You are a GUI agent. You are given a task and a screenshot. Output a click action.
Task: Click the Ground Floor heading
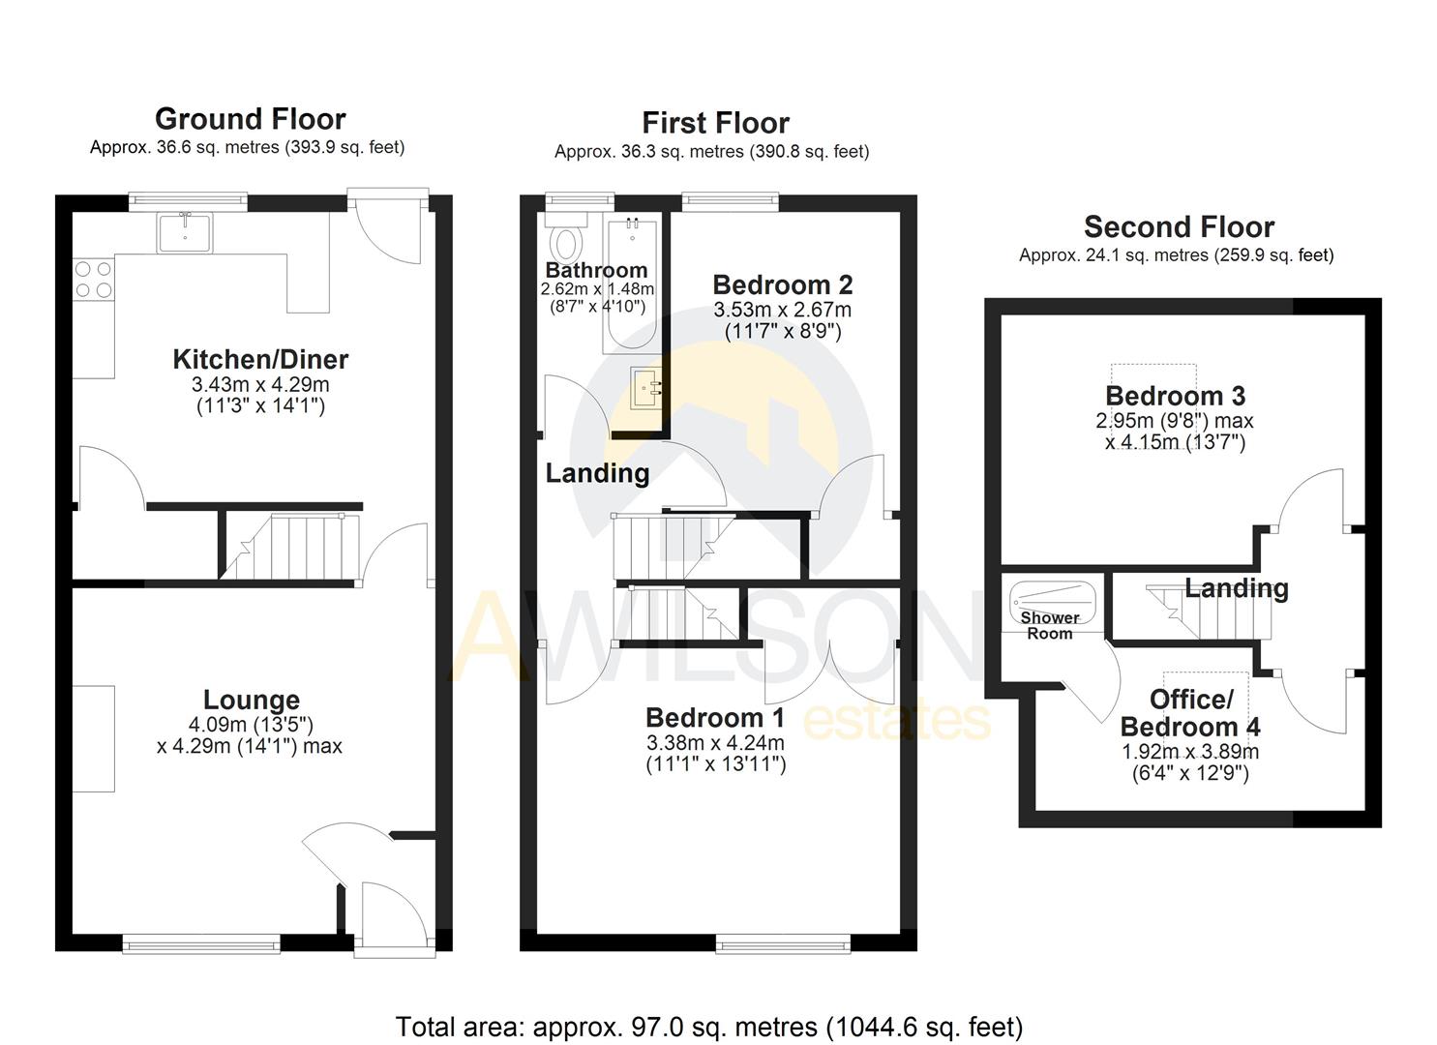pos(250,119)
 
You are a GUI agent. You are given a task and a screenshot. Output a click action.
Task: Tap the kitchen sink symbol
pos(185,232)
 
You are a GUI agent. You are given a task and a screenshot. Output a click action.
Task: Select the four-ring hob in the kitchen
pos(93,279)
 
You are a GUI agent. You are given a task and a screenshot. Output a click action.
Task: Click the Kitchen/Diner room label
pos(260,359)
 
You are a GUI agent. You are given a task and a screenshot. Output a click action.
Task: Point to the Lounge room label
pos(252,700)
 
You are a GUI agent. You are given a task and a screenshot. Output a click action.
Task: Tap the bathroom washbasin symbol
pos(646,389)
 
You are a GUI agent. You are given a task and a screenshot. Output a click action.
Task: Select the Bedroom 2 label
pos(782,284)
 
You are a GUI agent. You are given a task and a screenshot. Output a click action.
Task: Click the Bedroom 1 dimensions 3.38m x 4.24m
pos(715,743)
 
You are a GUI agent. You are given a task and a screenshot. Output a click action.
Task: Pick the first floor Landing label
pos(597,473)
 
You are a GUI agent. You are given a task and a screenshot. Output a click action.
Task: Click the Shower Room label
pos(1050,625)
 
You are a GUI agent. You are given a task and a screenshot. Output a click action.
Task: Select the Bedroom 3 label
pos(1175,396)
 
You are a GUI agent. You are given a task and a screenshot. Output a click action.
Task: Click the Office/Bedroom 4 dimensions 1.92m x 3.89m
pos(1189,752)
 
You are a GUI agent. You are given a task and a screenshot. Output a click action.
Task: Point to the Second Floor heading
pos(1178,227)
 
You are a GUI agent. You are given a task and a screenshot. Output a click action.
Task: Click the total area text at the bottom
pos(709,1027)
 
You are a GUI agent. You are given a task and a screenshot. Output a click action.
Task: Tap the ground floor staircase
pos(290,548)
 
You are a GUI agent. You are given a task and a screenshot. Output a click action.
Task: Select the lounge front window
pos(201,942)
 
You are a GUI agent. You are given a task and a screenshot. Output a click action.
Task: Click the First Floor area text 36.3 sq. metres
pos(711,152)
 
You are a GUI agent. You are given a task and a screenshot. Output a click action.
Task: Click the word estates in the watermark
pos(896,721)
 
